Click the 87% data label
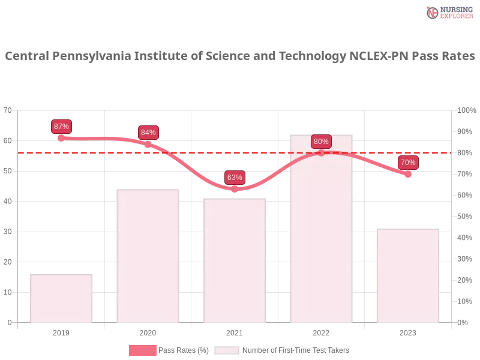(x=61, y=127)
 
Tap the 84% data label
(x=148, y=133)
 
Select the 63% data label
(x=235, y=178)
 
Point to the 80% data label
(x=321, y=142)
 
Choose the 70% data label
(x=408, y=163)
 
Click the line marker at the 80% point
(x=321, y=153)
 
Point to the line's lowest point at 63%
(x=235, y=189)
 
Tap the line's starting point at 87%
(x=61, y=138)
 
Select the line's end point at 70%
(x=408, y=175)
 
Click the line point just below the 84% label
(x=148, y=143)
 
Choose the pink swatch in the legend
(x=143, y=350)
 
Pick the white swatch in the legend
(x=227, y=350)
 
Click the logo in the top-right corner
(x=448, y=12)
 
